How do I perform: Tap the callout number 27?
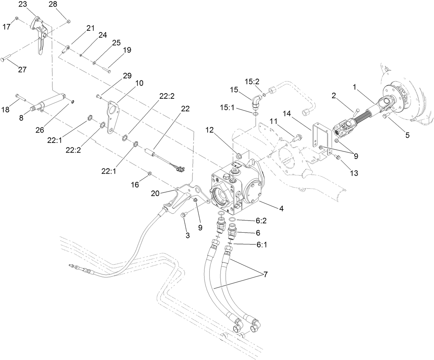pos(22,69)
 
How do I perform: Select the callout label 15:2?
pos(252,81)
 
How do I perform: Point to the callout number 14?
pos(288,114)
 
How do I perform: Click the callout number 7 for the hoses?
pos(266,275)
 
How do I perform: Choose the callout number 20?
pos(155,193)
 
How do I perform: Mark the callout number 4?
pos(281,208)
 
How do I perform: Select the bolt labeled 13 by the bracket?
pos(337,157)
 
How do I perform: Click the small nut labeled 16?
pos(149,173)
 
